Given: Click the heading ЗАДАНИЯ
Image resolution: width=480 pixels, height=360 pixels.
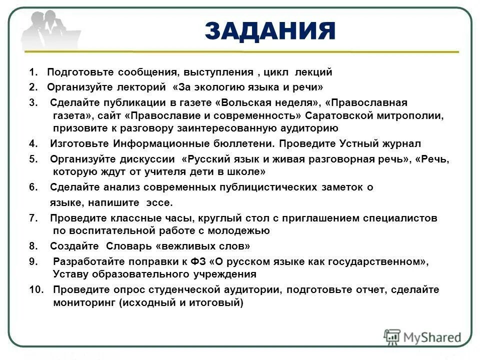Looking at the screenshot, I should pyautogui.click(x=269, y=31).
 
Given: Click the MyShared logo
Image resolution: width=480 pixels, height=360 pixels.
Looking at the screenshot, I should pyautogui.click(x=422, y=336).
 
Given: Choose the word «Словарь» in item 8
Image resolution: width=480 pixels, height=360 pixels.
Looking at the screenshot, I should pyautogui.click(x=129, y=246).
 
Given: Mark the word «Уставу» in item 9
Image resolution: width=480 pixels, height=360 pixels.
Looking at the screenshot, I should pyautogui.click(x=70, y=274).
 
